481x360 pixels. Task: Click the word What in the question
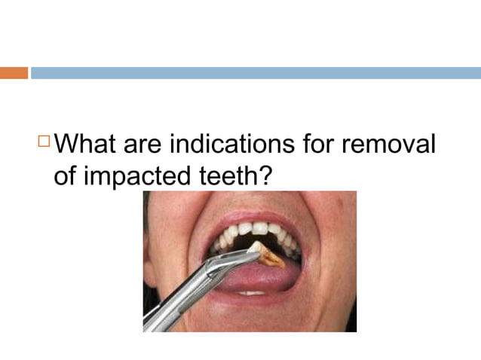click(x=88, y=143)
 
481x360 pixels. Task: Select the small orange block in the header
click(x=14, y=73)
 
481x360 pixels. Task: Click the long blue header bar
click(x=255, y=73)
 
